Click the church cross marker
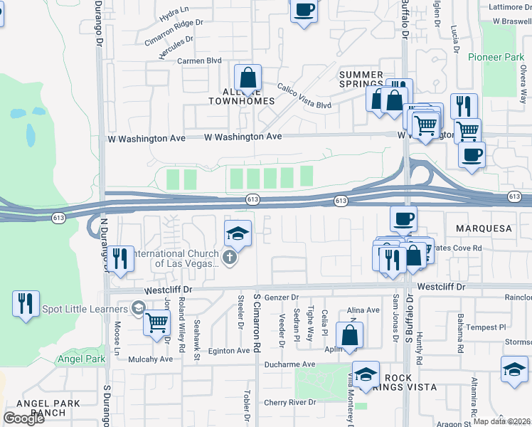[x=229, y=258]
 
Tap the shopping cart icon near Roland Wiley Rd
[x=156, y=322]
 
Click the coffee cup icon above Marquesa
[x=404, y=218]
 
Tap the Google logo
[x=23, y=418]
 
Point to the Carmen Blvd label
[x=200, y=61]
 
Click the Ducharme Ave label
[x=289, y=364]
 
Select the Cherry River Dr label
[x=289, y=403]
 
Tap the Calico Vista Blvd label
[x=304, y=96]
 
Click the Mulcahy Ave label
[x=150, y=359]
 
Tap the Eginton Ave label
[x=229, y=351]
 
